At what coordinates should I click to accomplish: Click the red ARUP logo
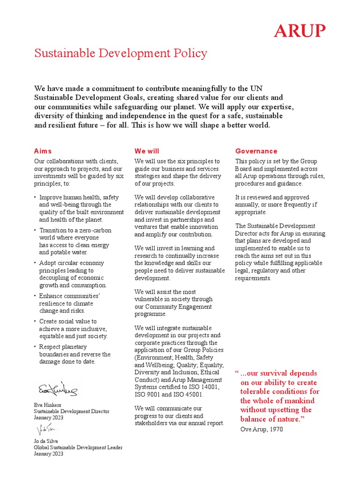[300, 31]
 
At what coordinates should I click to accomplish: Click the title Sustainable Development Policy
[120, 53]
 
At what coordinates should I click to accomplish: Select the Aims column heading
[43, 151]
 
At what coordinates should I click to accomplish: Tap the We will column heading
[147, 151]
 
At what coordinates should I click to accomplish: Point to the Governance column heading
[256, 151]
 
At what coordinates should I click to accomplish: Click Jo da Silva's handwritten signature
[46, 429]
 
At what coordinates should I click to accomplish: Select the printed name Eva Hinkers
[47, 404]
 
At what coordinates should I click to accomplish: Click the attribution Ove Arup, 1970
[262, 429]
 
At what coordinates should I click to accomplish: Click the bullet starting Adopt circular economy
[72, 263]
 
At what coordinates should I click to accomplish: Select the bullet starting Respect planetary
[63, 347]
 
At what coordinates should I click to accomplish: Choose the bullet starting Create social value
[68, 322]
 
